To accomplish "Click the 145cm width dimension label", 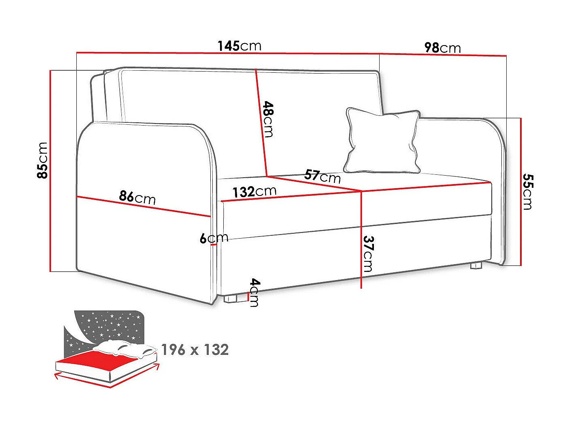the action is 239,46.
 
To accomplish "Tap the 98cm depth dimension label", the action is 442,48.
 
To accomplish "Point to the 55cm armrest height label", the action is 527,191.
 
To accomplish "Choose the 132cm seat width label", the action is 254,191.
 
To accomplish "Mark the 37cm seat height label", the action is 368,254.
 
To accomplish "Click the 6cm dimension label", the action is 214,238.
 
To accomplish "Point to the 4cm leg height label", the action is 254,292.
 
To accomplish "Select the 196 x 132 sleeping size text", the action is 195,350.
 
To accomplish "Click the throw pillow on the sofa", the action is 382,140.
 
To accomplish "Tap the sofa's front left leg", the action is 231,299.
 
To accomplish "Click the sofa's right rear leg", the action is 476,266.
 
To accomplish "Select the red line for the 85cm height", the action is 50,171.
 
